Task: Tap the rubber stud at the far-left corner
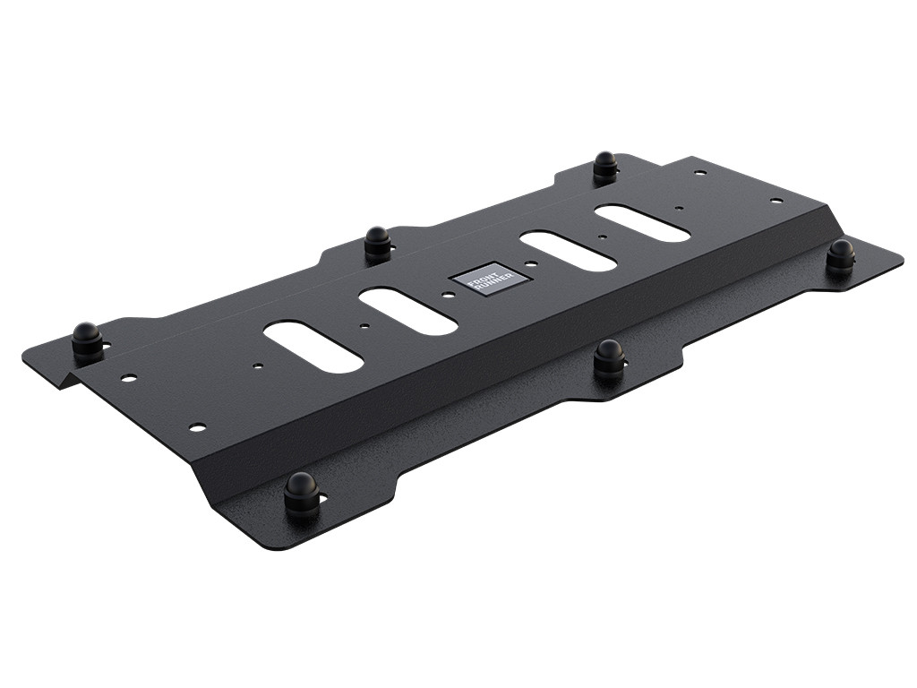point(87,340)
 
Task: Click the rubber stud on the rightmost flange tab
point(839,255)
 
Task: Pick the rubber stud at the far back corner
point(605,166)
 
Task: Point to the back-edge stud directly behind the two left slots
point(377,242)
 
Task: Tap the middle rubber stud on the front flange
point(610,357)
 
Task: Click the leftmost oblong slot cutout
point(313,348)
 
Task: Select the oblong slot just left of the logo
point(409,312)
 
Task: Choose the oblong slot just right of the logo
point(570,252)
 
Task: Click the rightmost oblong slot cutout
point(642,223)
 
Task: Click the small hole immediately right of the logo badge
point(532,264)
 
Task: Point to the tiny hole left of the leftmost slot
point(257,365)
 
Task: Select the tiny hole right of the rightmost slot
point(680,209)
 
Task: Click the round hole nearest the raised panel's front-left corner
point(197,426)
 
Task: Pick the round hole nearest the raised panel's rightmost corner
point(776,201)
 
